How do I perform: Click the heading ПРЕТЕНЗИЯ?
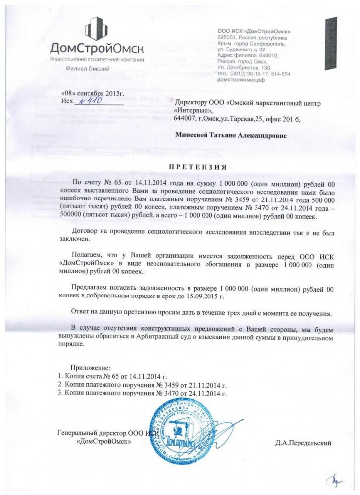(199, 166)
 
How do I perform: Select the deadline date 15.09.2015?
(203, 296)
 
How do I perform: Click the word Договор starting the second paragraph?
(86, 230)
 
